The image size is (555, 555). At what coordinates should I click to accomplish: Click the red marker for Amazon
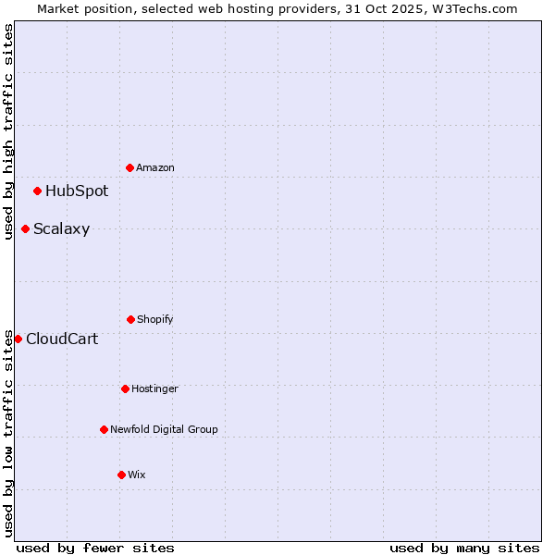(x=130, y=167)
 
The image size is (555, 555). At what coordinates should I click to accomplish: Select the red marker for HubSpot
(x=38, y=191)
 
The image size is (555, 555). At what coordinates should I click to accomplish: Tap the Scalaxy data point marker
(x=26, y=229)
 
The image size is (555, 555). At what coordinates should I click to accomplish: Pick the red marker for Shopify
(x=131, y=319)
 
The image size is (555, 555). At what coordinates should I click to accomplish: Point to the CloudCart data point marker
(x=18, y=339)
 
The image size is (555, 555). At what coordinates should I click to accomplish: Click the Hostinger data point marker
(x=126, y=388)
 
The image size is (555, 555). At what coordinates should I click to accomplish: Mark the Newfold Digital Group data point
(x=105, y=429)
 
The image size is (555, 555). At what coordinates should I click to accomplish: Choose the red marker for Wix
(x=122, y=475)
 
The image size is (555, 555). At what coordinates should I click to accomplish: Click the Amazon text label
(x=155, y=167)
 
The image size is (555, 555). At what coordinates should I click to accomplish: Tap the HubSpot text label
(x=77, y=191)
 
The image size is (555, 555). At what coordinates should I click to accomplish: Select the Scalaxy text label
(x=61, y=229)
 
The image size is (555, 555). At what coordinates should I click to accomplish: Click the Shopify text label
(x=155, y=319)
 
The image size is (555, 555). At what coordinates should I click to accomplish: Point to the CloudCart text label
(x=62, y=339)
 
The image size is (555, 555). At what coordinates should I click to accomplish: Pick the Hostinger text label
(x=154, y=388)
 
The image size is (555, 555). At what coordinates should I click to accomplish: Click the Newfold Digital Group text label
(x=164, y=429)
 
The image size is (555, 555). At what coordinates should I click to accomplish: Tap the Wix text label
(x=137, y=475)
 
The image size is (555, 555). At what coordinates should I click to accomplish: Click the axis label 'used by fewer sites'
(x=95, y=548)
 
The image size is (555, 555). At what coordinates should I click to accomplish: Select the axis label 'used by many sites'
(x=464, y=548)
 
